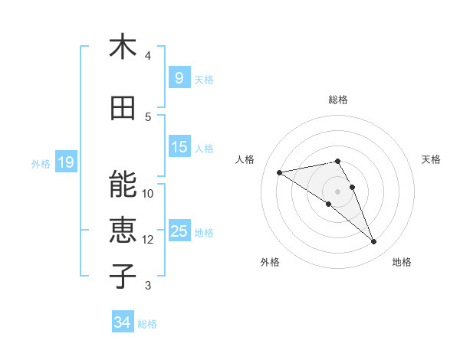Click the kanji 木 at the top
[x=123, y=47]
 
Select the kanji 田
[x=123, y=108]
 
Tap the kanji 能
[x=123, y=184]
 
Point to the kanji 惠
[x=123, y=231]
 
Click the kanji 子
[x=123, y=277]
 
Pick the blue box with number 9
[x=179, y=77]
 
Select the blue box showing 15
[x=179, y=146]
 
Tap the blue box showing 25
[x=179, y=231]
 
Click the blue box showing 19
[x=65, y=162]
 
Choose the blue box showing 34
[x=123, y=322]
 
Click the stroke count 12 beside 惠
[x=148, y=240]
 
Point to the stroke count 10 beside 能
[x=148, y=193]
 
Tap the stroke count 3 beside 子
[x=148, y=286]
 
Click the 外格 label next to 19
[x=41, y=163]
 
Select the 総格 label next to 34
[x=147, y=324]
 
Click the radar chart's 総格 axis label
[x=337, y=100]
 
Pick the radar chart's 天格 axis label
[x=431, y=159]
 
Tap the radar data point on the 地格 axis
[x=374, y=242]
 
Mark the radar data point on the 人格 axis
[x=280, y=172]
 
